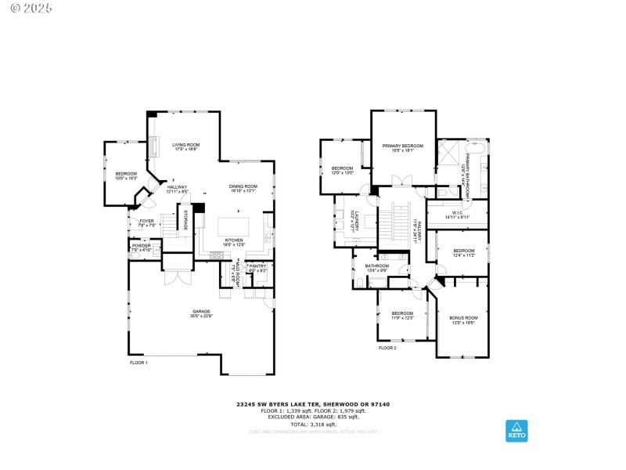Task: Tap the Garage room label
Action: [x=202, y=313]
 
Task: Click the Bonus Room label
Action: [x=462, y=320]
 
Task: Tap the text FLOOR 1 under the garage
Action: [x=139, y=363]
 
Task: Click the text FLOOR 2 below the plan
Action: [x=387, y=347]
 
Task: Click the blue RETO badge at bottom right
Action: [x=516, y=430]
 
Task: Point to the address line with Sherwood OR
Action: [x=313, y=404]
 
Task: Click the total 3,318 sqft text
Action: [x=313, y=423]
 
